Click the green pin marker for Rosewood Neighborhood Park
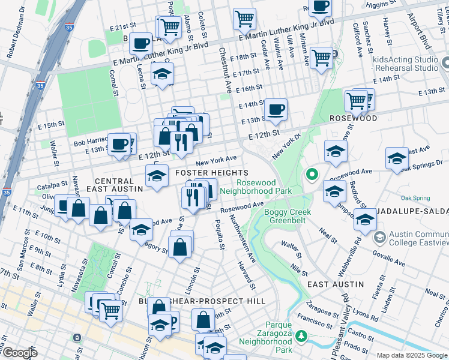pyautogui.click(x=312, y=175)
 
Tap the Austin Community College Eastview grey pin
pyautogui.click(x=379, y=238)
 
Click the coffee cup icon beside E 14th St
pyautogui.click(x=276, y=109)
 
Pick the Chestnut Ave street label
pyautogui.click(x=224, y=70)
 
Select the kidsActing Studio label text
pyautogui.click(x=405, y=59)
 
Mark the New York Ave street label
pyautogui.click(x=215, y=160)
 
